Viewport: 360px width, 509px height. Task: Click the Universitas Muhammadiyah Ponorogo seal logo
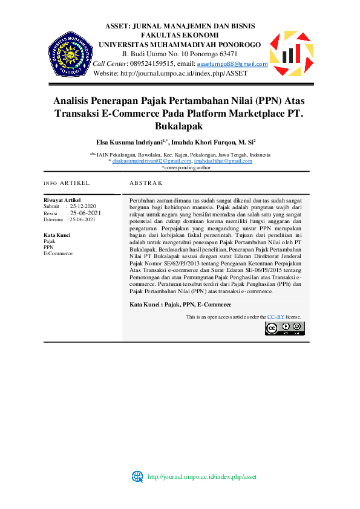coord(70,54)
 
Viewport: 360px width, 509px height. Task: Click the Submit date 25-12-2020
coord(83,206)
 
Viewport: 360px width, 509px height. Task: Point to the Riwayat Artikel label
coord(62,200)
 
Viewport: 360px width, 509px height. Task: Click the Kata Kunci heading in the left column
coord(57,235)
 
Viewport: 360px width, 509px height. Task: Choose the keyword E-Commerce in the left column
coord(58,253)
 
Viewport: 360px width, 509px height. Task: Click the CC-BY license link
coord(276,317)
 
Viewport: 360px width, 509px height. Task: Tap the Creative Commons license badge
coord(284,328)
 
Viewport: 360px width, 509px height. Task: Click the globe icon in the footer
coord(137,476)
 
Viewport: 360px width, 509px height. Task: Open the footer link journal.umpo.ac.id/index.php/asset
coord(203,476)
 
